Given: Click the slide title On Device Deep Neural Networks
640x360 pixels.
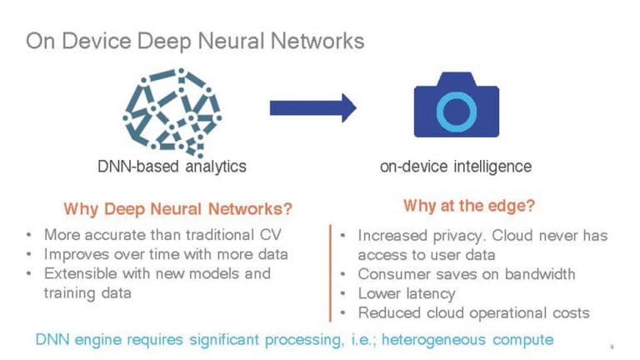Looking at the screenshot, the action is [195, 41].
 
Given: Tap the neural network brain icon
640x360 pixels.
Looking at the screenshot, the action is [172, 113].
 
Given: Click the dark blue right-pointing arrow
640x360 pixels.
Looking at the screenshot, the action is [313, 108].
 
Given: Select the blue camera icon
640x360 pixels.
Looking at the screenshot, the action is [457, 105].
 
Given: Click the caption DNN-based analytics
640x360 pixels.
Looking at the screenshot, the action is [172, 167].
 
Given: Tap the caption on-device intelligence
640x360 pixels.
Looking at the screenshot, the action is [456, 167].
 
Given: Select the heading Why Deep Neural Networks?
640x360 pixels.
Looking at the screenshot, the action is [178, 209].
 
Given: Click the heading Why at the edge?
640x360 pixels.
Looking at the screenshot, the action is [469, 206].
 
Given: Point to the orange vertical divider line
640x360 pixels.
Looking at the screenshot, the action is [330, 273].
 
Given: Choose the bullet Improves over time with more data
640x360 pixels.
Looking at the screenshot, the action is [166, 254].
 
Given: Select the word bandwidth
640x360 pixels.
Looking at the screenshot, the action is [540, 274].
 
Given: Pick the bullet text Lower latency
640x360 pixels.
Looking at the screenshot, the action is [407, 294].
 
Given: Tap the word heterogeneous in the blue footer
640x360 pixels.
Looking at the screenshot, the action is [433, 340].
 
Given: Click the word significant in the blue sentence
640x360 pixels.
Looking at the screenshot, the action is [224, 340].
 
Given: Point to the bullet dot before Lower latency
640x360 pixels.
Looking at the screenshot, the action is [342, 293].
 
